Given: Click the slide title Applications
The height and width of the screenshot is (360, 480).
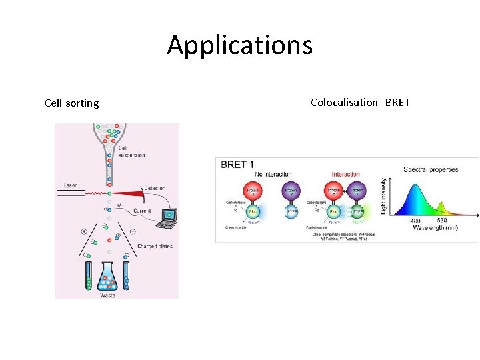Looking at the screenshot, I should (239, 45).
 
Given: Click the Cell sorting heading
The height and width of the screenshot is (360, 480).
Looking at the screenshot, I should (71, 103).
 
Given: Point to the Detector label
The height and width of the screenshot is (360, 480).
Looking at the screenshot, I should (153, 189).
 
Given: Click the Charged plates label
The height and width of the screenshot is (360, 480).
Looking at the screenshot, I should (155, 246).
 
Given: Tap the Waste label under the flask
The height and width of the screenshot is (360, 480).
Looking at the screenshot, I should (109, 294).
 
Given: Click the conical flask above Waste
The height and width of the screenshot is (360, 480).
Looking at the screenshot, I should (109, 275).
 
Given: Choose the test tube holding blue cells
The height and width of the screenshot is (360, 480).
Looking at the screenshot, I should (127, 275).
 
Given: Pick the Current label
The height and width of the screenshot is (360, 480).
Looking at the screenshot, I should (142, 211).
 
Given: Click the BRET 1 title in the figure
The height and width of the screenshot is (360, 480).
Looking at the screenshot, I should (237, 165).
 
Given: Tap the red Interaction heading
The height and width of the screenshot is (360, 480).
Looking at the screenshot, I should (345, 175).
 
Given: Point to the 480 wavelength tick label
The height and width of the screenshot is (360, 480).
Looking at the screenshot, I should (415, 221).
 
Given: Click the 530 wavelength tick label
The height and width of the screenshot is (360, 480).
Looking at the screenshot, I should (441, 221).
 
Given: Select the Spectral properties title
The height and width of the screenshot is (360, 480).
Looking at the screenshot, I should (431, 169).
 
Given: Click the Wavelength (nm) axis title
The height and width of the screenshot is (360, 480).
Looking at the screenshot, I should (434, 228).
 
